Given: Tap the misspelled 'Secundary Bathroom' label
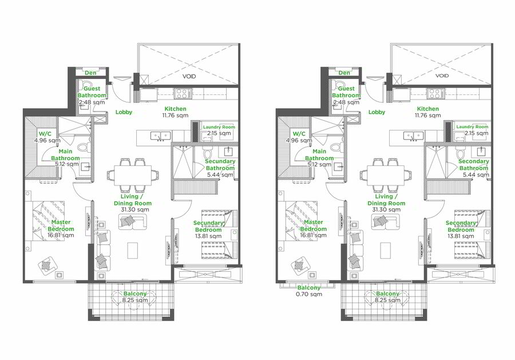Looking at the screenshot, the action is pyautogui.click(x=220, y=165).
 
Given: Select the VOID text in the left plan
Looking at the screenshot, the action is pyautogui.click(x=189, y=76).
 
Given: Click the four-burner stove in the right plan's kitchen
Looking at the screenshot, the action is pyautogui.click(x=434, y=93).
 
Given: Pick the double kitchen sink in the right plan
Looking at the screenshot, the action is pyautogui.click(x=414, y=135).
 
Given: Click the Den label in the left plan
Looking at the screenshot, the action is pyautogui.click(x=90, y=73).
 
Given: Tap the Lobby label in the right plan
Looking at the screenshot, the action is pyautogui.click(x=377, y=112).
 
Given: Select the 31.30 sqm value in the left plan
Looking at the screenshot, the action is pyautogui.click(x=134, y=209).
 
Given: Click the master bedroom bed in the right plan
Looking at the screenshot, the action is pyautogui.click(x=301, y=221).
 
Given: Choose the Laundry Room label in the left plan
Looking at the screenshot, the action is pyautogui.click(x=219, y=127).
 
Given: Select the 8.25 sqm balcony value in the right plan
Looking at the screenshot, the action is pyautogui.click(x=387, y=300).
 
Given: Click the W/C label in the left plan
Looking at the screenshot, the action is pyautogui.click(x=45, y=134).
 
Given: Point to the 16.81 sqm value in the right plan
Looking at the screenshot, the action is pyautogui.click(x=313, y=235).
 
